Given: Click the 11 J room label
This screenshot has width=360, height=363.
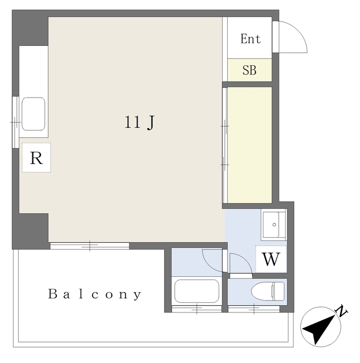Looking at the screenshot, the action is (139, 123).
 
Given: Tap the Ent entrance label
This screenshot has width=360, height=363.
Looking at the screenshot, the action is (250, 39).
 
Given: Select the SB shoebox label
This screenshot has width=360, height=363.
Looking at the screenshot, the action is (249, 70).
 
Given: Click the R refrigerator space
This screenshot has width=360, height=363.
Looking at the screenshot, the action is (36, 158).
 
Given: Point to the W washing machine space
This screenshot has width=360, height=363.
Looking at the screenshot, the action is (271, 259).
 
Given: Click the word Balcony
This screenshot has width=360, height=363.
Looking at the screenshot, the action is (95, 294).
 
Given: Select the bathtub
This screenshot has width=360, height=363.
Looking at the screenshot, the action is (196, 291).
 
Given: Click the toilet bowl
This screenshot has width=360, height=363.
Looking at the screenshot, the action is (268, 291).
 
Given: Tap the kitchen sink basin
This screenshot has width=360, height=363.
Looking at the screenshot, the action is (33, 113).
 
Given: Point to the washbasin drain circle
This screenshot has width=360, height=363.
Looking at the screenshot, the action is (274, 225).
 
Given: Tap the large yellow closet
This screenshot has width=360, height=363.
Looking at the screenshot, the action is (249, 145).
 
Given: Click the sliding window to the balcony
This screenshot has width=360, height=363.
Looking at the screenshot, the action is (90, 246).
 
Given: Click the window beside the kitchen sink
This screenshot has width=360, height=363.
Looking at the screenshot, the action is (15, 122).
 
